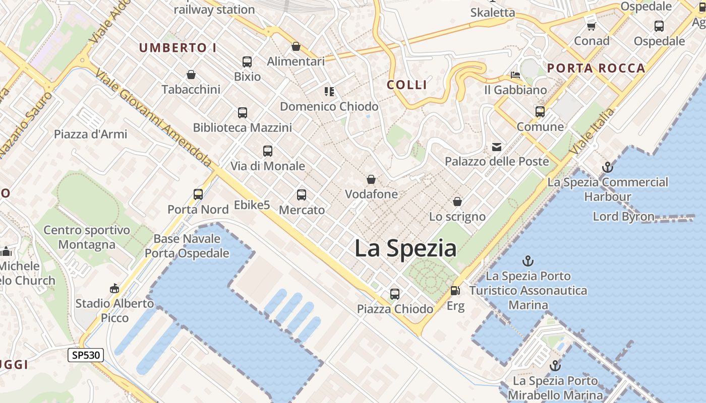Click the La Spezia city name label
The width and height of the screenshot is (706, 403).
click(x=405, y=248)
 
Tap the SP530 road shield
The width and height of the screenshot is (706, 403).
click(x=86, y=355)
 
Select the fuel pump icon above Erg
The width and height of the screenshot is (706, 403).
click(x=455, y=291)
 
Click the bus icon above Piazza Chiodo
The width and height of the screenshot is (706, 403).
click(x=395, y=294)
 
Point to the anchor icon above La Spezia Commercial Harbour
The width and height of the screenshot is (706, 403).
click(x=608, y=167)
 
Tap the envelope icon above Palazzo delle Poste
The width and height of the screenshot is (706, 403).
click(x=497, y=147)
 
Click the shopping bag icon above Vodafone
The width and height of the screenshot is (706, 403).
click(x=371, y=179)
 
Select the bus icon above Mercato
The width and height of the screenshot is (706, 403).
click(x=302, y=195)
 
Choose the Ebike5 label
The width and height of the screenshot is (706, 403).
click(x=252, y=205)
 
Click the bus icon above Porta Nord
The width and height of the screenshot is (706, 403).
click(x=198, y=194)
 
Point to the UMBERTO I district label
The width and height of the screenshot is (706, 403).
click(x=178, y=48)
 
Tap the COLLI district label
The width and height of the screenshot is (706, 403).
click(x=407, y=85)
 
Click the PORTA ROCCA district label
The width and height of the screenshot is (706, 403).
click(x=596, y=68)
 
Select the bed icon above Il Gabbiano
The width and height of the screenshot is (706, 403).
click(x=515, y=75)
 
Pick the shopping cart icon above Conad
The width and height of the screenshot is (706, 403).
click(x=591, y=26)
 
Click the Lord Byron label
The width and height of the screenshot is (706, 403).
click(x=623, y=217)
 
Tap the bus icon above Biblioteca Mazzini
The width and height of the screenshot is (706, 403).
click(x=243, y=113)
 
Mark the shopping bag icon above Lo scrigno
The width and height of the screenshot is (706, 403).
click(x=457, y=202)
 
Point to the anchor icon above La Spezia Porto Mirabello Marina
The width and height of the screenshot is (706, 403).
click(x=555, y=366)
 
